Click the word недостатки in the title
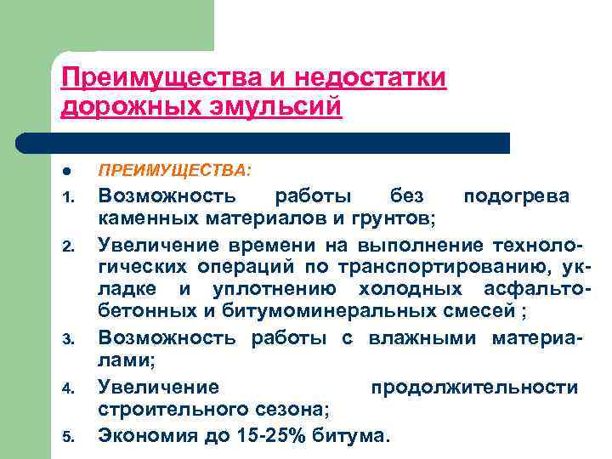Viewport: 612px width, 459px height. tap(371, 77)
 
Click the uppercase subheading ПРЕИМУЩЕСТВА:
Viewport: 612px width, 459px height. tap(174, 172)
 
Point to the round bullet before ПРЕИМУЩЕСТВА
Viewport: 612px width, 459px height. tap(66, 172)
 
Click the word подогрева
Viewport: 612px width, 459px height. tap(516, 196)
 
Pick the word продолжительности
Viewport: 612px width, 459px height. tap(474, 388)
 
